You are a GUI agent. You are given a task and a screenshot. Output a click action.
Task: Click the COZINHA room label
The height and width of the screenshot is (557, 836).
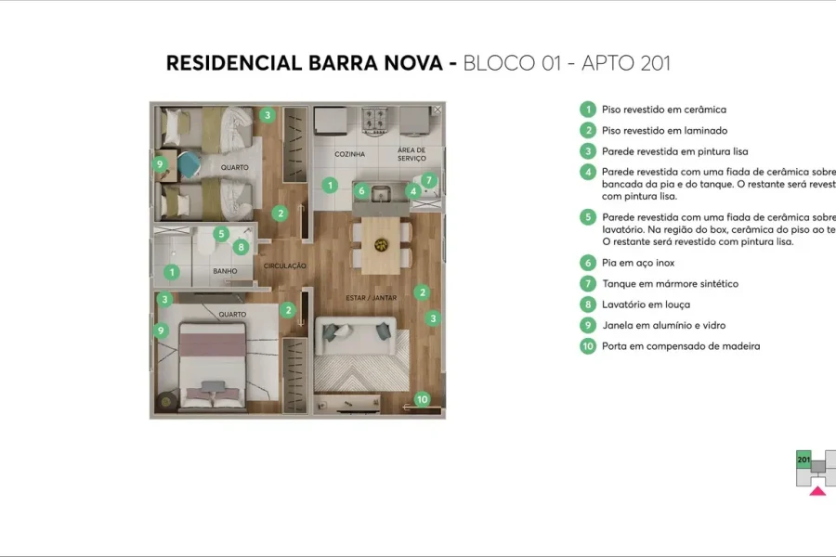349,154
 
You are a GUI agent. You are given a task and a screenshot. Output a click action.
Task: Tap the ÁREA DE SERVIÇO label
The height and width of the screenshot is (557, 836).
411,154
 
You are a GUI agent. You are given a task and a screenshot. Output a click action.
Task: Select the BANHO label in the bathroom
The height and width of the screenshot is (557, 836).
225,271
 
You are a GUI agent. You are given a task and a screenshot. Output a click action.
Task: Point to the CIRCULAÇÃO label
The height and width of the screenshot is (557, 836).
284,266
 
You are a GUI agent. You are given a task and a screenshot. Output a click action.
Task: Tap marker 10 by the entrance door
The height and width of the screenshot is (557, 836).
423,399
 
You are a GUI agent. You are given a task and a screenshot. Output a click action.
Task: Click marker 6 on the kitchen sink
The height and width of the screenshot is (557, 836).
361,190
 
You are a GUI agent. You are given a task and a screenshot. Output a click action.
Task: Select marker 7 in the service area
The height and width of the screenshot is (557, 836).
428,180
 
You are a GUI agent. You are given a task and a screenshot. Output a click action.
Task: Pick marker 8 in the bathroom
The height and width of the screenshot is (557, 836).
241,247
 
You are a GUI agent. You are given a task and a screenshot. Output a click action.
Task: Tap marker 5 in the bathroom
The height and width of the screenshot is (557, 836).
221,234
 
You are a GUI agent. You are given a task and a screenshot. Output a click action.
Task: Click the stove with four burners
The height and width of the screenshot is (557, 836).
375,119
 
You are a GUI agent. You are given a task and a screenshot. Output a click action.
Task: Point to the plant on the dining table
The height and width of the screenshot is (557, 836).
380,244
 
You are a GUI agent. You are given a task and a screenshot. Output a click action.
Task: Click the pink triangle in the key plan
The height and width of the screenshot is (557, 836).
817,490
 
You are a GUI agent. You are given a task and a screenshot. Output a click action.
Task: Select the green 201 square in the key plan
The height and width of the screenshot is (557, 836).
803,460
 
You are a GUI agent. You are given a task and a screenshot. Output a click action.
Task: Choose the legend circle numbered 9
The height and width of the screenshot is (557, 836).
587,325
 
